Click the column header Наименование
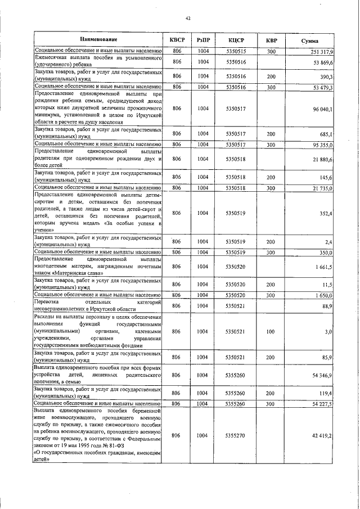pyautogui.click(x=98, y=39)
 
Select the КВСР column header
pyautogui.click(x=177, y=39)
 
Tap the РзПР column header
pyautogui.click(x=204, y=39)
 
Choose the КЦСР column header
pyautogui.click(x=236, y=39)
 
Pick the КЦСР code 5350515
pyautogui.click(x=236, y=51)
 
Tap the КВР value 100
pyautogui.click(x=271, y=332)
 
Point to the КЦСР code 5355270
pyautogui.click(x=236, y=436)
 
